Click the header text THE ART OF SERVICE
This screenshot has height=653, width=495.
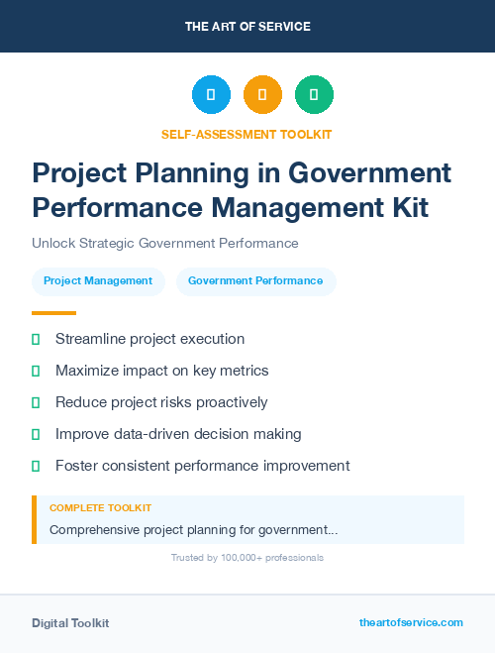[x=247, y=27]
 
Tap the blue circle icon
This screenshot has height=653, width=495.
[x=211, y=95]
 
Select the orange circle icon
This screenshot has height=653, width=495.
[x=262, y=95]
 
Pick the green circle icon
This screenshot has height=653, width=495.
[x=314, y=95]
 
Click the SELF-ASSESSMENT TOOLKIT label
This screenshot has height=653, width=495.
[x=247, y=134]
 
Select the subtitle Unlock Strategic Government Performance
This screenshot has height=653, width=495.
[x=164, y=243]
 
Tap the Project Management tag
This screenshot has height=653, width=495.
[x=98, y=280]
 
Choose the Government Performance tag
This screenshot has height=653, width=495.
[x=255, y=280]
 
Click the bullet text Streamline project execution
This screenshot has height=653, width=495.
[x=149, y=339]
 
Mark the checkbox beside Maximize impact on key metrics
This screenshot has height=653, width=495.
[x=36, y=371]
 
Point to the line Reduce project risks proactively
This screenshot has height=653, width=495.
[x=161, y=402]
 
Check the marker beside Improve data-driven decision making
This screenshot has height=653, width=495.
[x=36, y=434]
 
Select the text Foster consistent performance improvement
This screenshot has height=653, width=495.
[x=202, y=465]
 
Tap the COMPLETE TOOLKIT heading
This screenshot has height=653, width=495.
[x=100, y=507]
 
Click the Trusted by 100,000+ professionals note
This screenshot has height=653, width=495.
[x=247, y=558]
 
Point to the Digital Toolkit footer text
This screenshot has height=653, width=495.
[x=70, y=622]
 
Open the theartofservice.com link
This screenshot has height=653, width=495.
[x=411, y=622]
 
